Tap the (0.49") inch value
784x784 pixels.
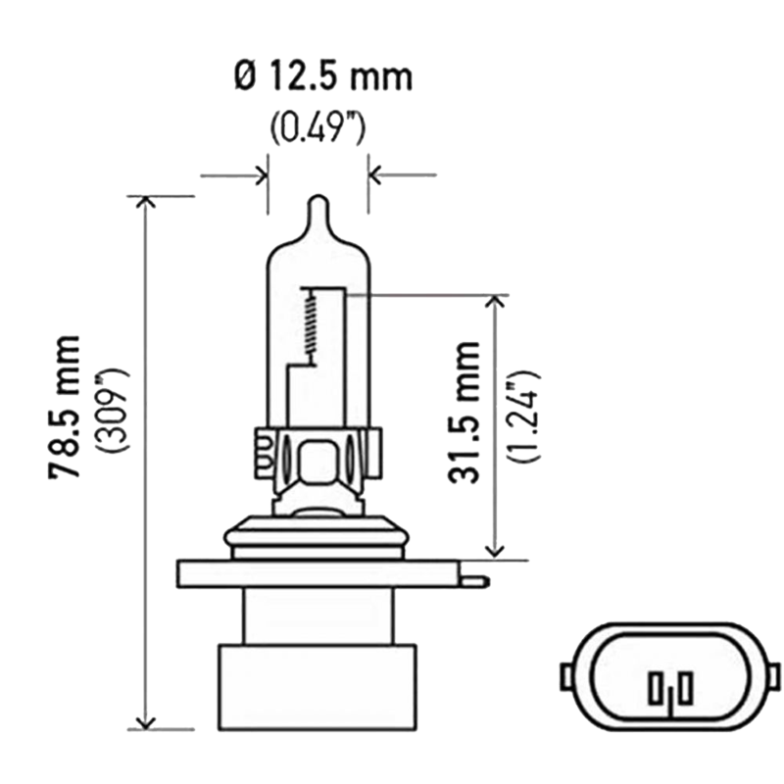coord(318,127)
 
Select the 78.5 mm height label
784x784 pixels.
coord(68,407)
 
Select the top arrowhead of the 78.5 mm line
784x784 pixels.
coord(146,203)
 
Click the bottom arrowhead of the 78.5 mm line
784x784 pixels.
coord(146,721)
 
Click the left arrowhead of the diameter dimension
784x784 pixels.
coord(261,176)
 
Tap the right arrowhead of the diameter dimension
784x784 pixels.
coord(375,176)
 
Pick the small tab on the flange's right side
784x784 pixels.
coord(476,580)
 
